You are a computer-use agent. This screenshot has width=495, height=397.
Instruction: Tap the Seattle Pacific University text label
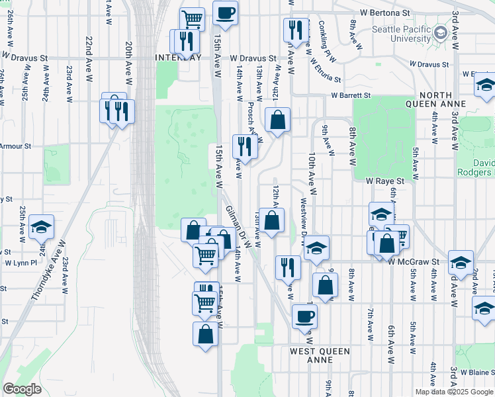tap(401, 34)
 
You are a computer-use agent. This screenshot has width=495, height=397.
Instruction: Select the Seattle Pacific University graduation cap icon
tap(440, 33)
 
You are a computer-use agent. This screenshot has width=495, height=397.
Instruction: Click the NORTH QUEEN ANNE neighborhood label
tap(445, 99)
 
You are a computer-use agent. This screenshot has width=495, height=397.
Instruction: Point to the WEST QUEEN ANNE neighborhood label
tap(320, 355)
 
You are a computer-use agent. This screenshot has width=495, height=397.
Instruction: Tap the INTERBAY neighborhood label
tap(177, 58)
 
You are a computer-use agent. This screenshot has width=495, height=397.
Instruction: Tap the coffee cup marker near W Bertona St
tap(225, 13)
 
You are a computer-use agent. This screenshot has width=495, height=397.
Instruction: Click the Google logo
tap(22, 389)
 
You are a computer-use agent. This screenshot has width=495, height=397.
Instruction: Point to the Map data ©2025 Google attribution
tap(453, 392)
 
